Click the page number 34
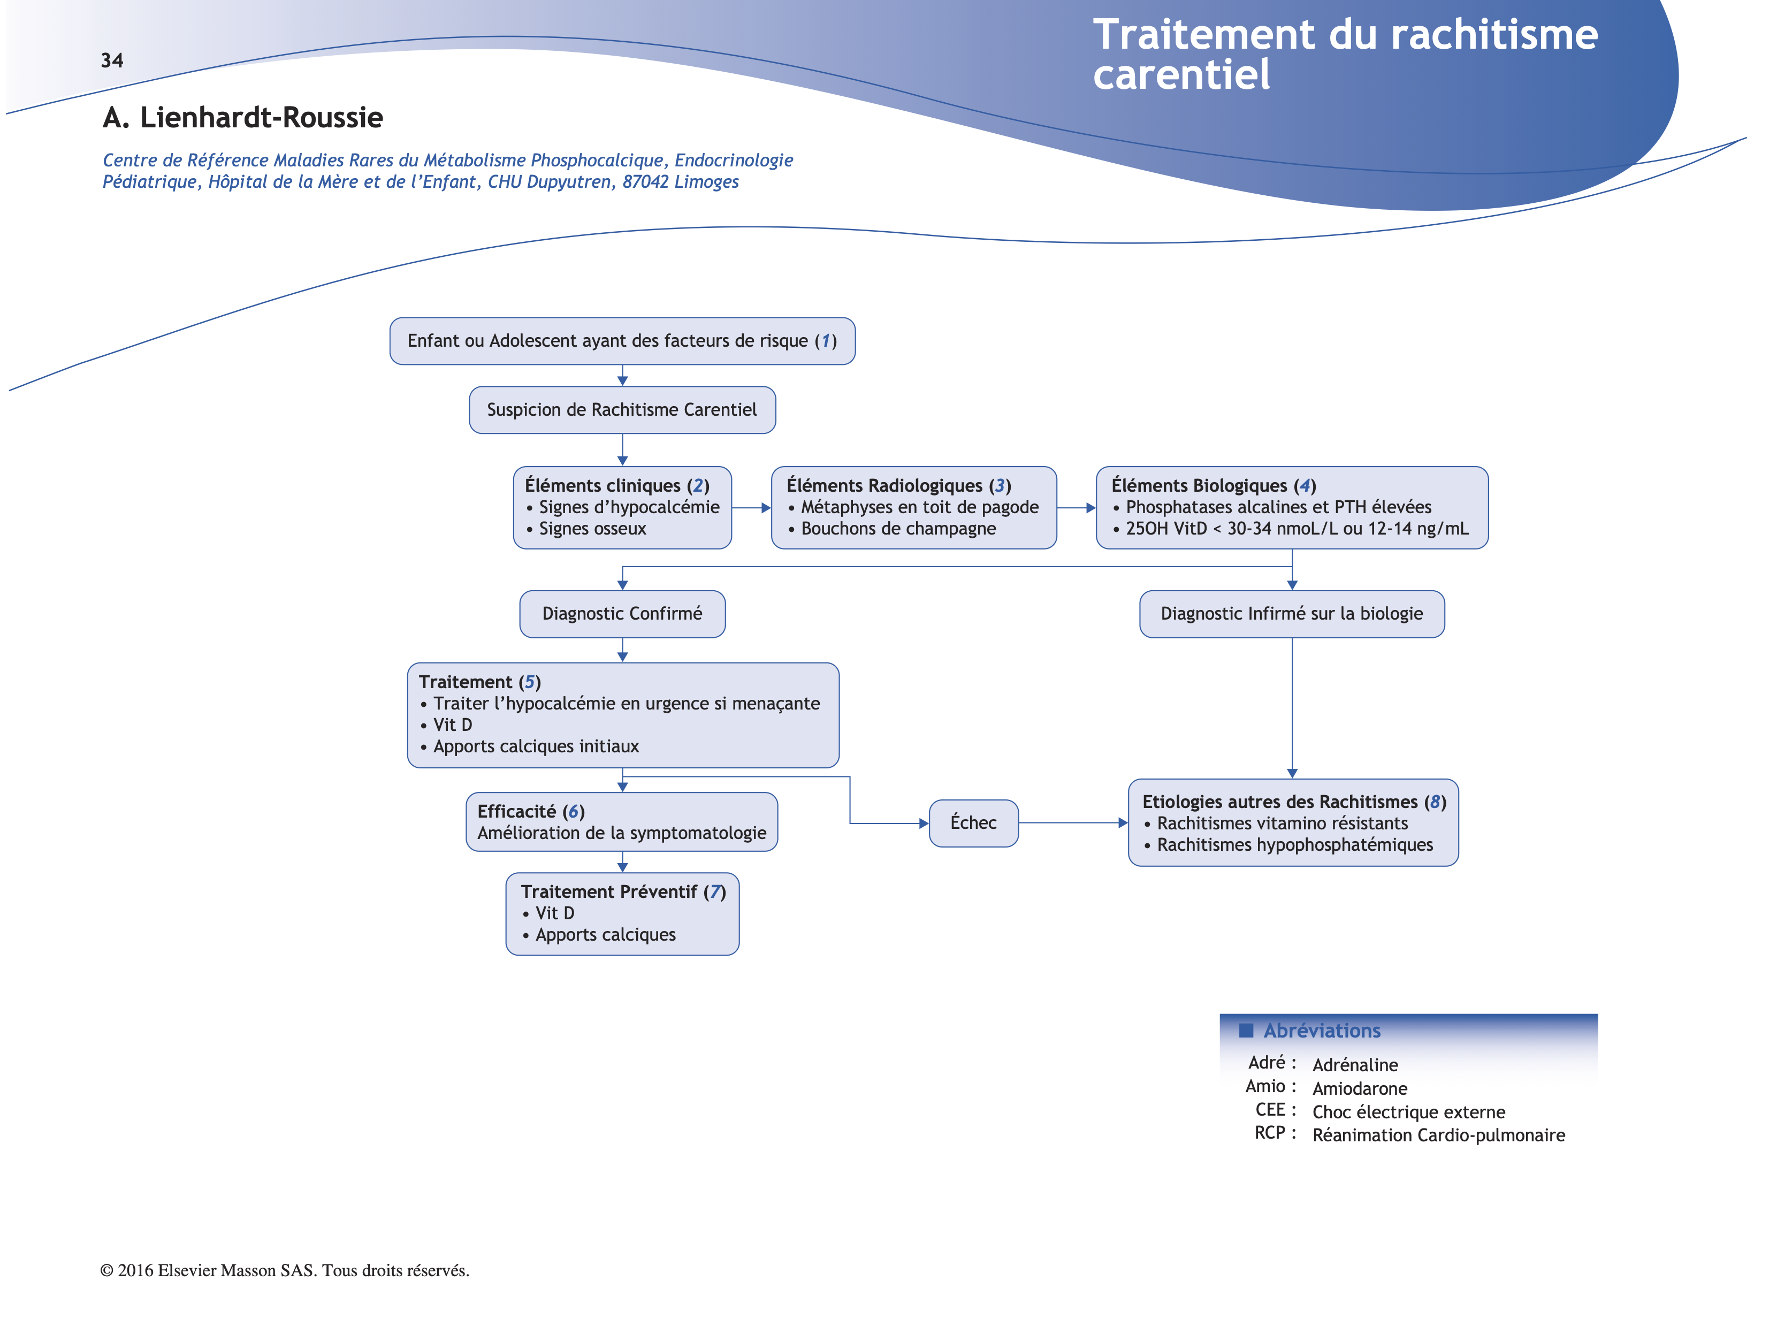coord(112,60)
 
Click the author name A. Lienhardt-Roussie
coord(242,117)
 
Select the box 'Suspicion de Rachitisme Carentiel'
coord(622,410)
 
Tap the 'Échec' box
coord(973,822)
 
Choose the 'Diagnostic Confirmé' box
coord(622,614)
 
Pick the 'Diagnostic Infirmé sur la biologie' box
coord(1291,614)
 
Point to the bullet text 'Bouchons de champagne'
coord(898,529)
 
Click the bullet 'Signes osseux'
coord(592,529)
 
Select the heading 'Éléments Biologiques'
coord(1199,485)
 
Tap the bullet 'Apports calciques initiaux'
coord(536,746)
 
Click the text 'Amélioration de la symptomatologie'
coord(622,833)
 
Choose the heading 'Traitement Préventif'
coord(609,891)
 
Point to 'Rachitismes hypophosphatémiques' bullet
coord(1294,845)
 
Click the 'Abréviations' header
coord(1322,1031)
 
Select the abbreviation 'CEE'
coord(1270,1110)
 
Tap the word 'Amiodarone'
coord(1359,1088)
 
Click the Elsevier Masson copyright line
coord(284,1270)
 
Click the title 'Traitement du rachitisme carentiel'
coord(1345,55)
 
